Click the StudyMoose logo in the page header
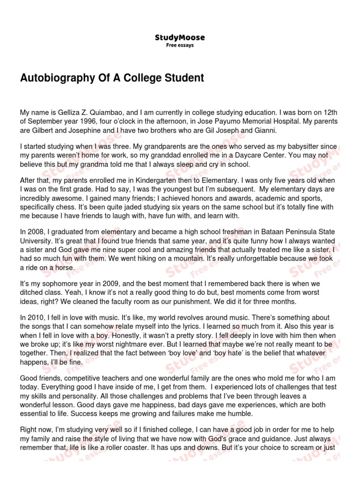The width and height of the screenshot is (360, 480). (180, 37)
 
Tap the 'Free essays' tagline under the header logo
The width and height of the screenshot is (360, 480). (180, 45)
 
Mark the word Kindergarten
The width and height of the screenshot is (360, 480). (132, 181)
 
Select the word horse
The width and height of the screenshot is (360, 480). (65, 267)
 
